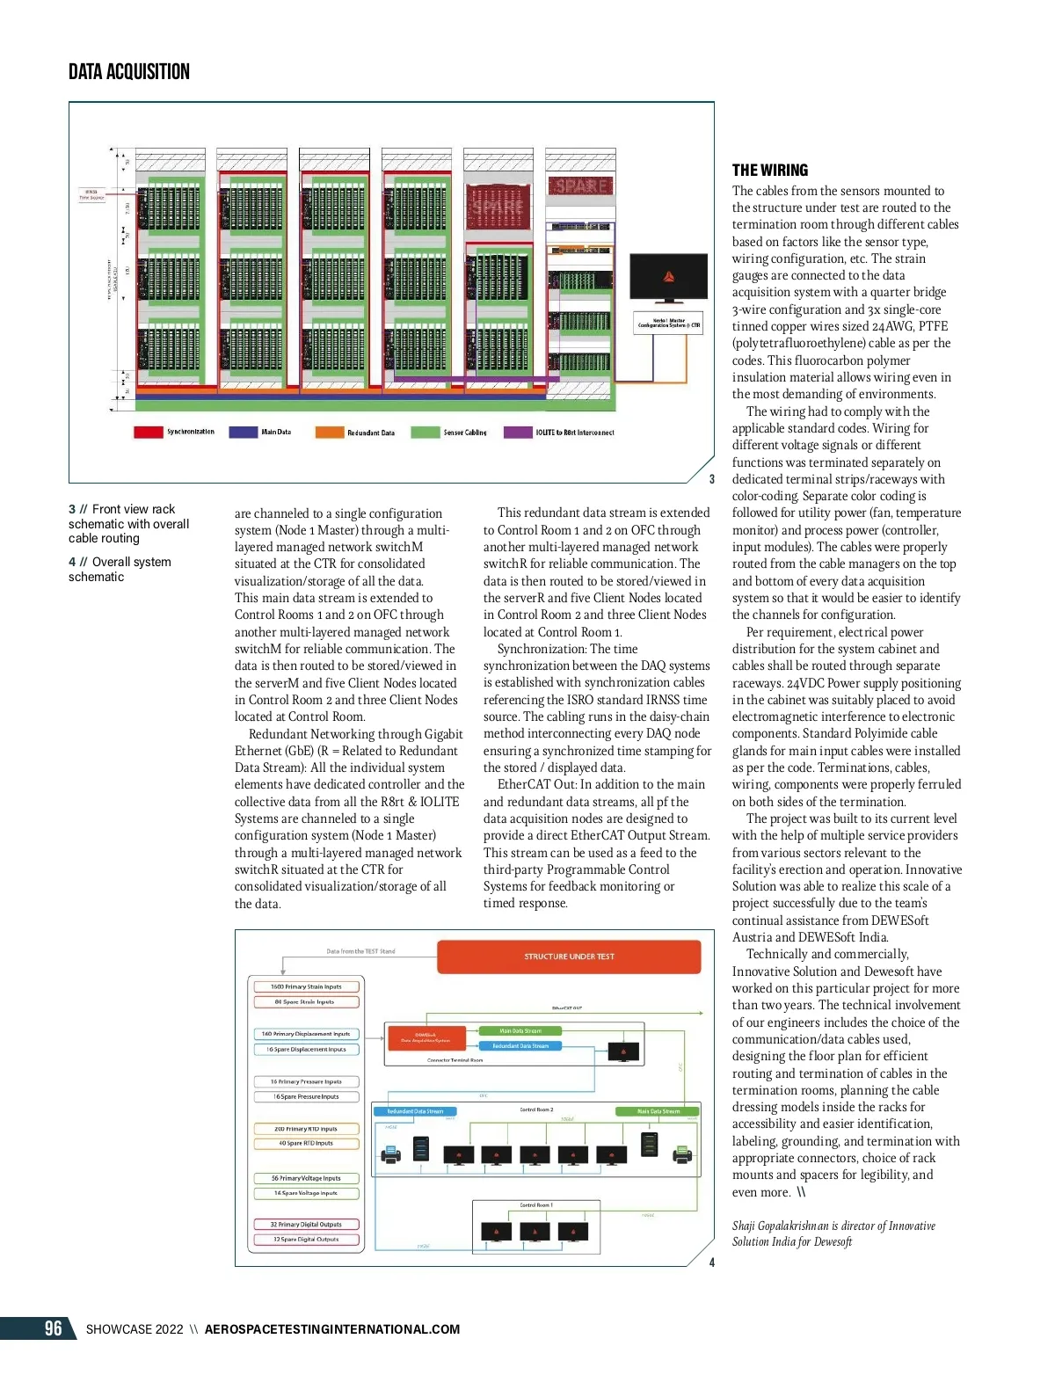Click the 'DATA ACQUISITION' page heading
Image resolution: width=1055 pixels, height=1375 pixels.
coord(129,72)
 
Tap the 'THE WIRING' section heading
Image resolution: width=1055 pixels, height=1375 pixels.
coord(769,171)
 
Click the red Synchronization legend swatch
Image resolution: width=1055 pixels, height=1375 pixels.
coord(148,432)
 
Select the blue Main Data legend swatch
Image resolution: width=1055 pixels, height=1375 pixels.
coord(243,432)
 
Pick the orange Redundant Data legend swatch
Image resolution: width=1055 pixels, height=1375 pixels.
coord(330,432)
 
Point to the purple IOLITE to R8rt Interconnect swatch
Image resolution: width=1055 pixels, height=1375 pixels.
coord(518,432)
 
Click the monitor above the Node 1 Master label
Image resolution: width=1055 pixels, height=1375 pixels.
coord(669,277)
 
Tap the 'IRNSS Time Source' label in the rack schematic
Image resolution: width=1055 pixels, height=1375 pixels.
coord(91,194)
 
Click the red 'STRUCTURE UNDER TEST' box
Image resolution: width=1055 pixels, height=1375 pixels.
coord(569,957)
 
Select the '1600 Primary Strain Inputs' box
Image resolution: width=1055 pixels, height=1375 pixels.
coord(305,986)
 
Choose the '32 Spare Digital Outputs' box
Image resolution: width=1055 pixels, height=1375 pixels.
coord(305,1240)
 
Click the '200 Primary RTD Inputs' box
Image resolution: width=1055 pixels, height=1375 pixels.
coord(305,1129)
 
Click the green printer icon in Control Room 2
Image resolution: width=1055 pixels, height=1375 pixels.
coord(681,1153)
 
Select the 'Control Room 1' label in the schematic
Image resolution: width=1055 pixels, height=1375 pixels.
coord(535,1205)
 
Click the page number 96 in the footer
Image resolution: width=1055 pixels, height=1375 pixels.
coord(54,1328)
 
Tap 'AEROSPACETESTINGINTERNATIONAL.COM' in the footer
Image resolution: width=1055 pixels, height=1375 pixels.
coord(332,1329)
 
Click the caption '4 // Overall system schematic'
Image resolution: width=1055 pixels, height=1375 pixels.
coord(120,569)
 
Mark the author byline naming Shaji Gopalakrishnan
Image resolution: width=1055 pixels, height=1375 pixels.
coord(833,1233)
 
